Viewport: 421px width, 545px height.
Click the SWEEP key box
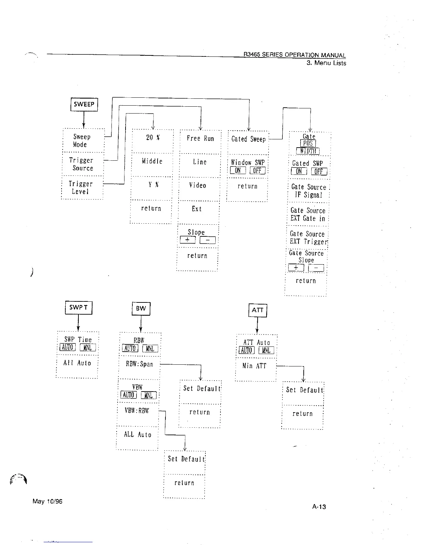84,104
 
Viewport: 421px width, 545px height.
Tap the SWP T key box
78,308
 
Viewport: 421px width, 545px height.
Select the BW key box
141,309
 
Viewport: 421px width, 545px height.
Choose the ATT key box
258,310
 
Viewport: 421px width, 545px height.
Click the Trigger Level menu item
81,188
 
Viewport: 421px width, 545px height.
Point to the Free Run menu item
200,139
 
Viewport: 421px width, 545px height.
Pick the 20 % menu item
153,138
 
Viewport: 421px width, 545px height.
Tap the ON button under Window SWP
238,171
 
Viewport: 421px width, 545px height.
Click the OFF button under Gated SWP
319,171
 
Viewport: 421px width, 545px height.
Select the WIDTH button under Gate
308,151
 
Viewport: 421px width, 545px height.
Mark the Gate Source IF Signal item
308,191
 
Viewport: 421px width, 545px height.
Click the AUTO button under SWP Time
67,348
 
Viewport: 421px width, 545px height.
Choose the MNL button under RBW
150,349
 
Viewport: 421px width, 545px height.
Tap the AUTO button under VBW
129,395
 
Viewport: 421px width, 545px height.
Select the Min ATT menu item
255,366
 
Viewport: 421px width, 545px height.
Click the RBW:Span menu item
139,364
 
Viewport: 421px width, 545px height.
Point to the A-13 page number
319,507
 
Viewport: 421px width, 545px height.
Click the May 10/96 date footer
47,501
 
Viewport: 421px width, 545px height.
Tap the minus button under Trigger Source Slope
207,240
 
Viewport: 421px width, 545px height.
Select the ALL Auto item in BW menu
138,435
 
